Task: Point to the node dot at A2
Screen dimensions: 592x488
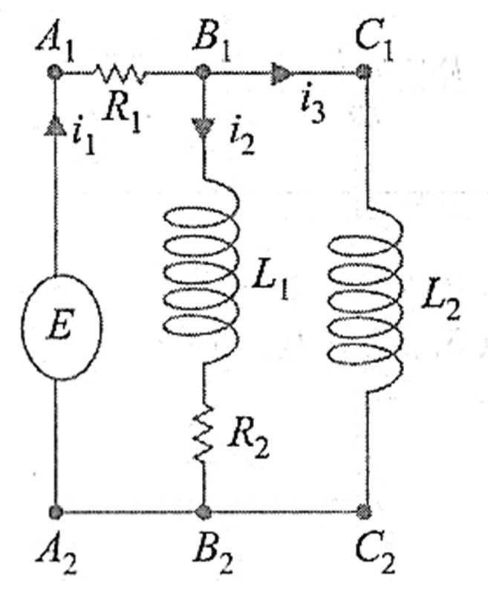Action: [55, 512]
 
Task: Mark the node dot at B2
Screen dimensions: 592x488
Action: [202, 512]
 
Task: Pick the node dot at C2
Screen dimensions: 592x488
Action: [363, 512]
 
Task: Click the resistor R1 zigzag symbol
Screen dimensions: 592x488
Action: [119, 72]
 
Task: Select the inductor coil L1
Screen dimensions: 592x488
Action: [202, 275]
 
